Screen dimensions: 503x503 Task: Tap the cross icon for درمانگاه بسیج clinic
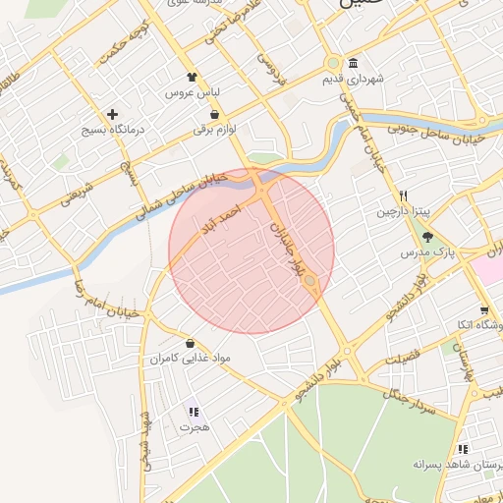point(113,114)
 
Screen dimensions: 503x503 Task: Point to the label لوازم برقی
point(215,129)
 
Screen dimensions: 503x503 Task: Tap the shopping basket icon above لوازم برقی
point(214,114)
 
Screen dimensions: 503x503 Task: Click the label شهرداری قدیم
point(356,78)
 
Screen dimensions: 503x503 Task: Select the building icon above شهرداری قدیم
point(353,63)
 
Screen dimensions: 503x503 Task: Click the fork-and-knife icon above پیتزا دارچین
point(403,196)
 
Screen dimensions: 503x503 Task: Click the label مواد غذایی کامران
point(190,360)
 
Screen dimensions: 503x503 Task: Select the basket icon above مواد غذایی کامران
point(190,344)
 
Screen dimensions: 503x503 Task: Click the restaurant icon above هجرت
point(194,412)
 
